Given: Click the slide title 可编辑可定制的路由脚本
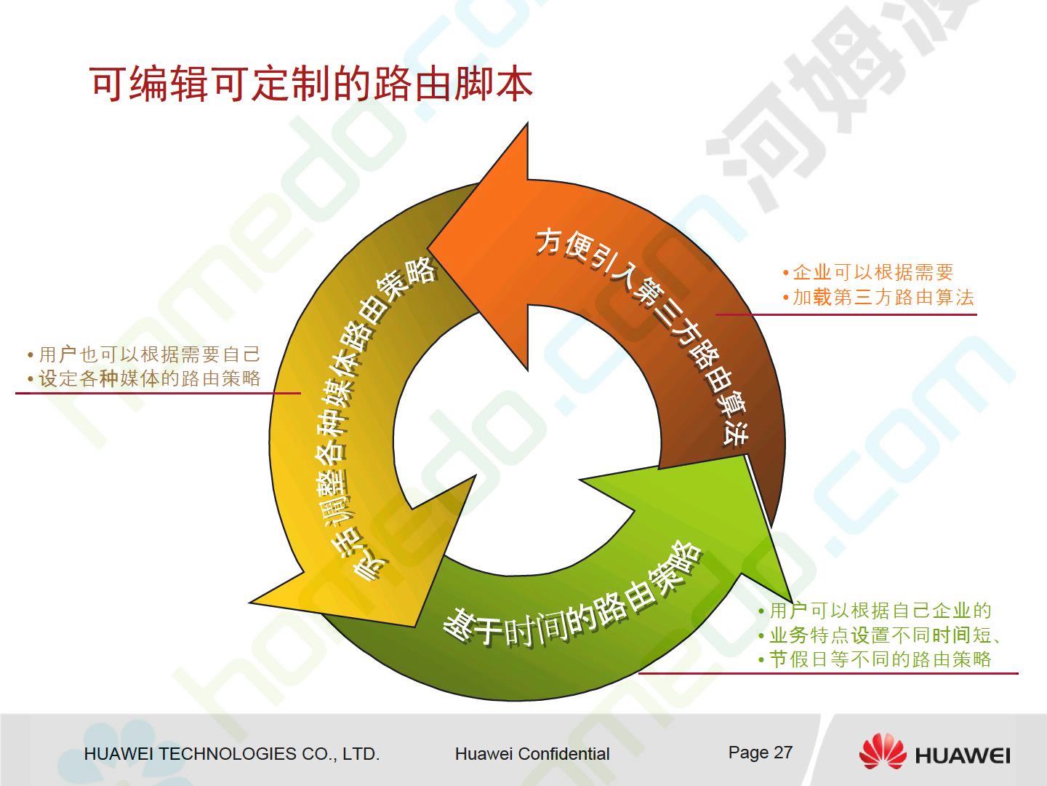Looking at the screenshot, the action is (311, 84).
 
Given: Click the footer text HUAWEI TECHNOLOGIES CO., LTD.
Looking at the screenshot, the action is (232, 754).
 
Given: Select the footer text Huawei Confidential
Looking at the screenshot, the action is (532, 754).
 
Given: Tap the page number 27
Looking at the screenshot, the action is (783, 753).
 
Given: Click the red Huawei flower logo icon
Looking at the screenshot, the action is (883, 751).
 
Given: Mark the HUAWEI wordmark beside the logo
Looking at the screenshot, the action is (962, 755).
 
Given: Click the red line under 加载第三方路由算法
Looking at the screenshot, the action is (846, 314).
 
